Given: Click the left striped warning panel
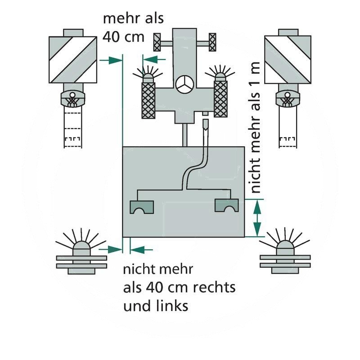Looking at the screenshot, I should [x=72, y=59].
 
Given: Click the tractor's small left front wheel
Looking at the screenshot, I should [x=157, y=43].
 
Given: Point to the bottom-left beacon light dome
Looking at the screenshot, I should [x=81, y=247].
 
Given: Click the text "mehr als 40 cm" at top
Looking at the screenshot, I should [x=133, y=27].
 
